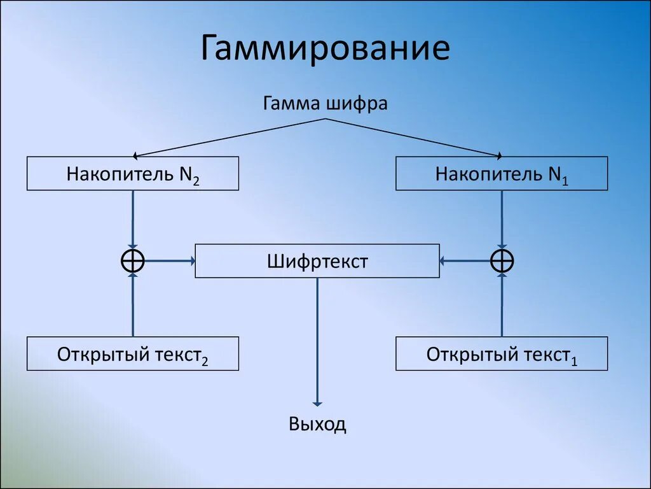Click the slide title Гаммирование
325,49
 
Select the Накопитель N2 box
133,173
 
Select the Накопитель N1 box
502,173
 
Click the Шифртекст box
317,261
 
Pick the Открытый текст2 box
133,354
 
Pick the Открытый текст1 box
502,354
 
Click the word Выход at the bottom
317,424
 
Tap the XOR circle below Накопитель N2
133,260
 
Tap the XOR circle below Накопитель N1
502,260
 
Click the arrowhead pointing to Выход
317,402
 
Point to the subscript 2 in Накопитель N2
196,180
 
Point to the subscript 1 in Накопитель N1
565,180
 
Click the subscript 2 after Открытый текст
205,361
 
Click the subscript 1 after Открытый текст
574,361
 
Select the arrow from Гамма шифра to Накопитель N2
229,137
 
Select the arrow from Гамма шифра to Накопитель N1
413,137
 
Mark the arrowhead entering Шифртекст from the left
191,260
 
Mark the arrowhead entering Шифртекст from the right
443,260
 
